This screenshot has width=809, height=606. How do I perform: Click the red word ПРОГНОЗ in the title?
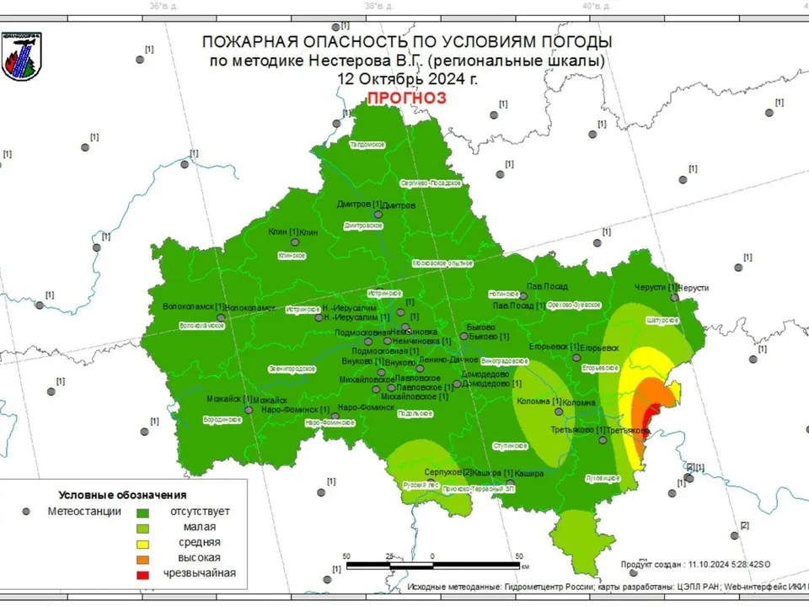point(406,98)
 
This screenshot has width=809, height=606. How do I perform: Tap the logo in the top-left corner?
point(21,56)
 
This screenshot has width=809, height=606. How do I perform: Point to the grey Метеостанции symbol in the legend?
point(26,511)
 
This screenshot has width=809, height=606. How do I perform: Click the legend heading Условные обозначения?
point(122,495)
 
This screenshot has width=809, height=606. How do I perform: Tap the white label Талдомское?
point(367,145)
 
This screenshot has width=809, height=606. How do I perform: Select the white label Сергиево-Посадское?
point(431,183)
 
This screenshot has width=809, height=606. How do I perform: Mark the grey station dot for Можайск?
point(249,410)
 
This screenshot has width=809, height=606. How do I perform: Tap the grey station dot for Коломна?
point(557,412)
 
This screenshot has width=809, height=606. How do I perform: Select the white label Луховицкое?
point(602,477)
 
